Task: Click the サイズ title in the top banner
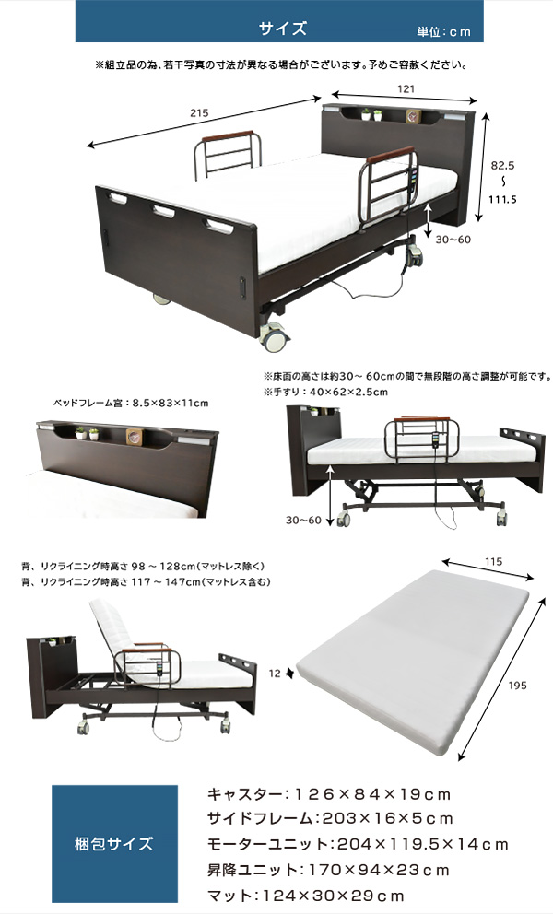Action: (282, 29)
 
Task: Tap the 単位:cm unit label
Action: (443, 32)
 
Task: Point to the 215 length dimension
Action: (199, 113)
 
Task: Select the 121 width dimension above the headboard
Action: (406, 88)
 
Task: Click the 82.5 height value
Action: (502, 166)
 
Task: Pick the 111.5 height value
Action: (502, 199)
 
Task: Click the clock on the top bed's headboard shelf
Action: (414, 116)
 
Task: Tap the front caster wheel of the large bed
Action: (275, 338)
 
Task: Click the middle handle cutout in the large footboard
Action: (164, 211)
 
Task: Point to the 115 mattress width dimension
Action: (493, 562)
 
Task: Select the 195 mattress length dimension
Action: (517, 685)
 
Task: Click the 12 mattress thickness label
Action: (275, 674)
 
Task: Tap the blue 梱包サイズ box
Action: (114, 843)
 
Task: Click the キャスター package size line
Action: (329, 794)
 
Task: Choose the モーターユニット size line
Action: (358, 844)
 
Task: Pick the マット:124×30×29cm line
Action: (306, 895)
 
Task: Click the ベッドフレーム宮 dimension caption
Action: (131, 403)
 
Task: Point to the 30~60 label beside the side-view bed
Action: (303, 520)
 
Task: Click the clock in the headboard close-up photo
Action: (135, 437)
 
